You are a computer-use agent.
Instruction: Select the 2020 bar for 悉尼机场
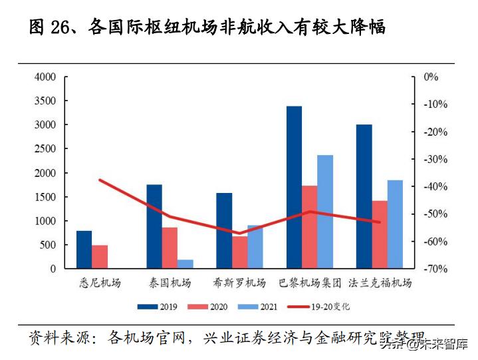coord(100,257)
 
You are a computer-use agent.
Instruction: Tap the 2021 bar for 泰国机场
coord(185,264)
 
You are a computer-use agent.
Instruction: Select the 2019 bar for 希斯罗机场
coord(224,231)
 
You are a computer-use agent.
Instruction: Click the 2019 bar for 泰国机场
coord(154,226)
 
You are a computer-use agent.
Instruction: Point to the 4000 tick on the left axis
coord(45,77)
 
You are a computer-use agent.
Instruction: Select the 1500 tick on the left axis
coord(45,197)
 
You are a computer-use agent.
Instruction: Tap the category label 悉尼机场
coord(100,283)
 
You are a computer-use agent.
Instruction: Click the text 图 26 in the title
coord(53,27)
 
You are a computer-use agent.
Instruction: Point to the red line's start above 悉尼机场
coord(100,180)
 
